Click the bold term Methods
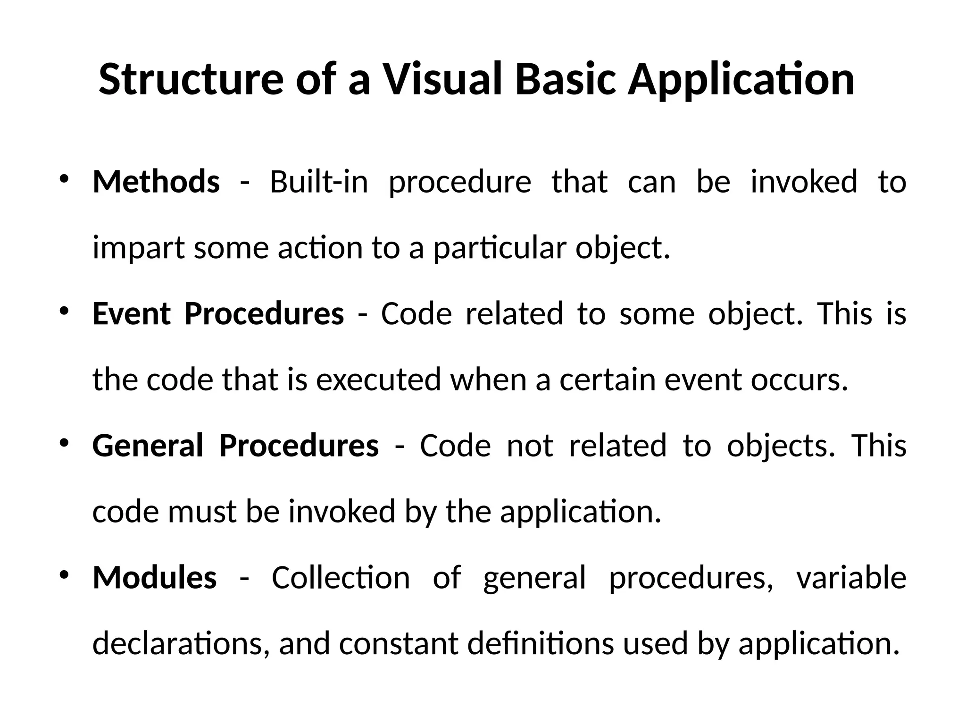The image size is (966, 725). click(156, 182)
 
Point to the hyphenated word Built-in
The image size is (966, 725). click(318, 182)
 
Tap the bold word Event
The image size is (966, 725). click(131, 314)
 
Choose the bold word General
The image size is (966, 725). click(148, 446)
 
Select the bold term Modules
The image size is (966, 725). click(155, 578)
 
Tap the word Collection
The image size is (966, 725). click(341, 578)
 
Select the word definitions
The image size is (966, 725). click(541, 644)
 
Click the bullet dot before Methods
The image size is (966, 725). click(64, 179)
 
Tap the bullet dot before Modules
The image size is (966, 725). click(64, 575)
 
